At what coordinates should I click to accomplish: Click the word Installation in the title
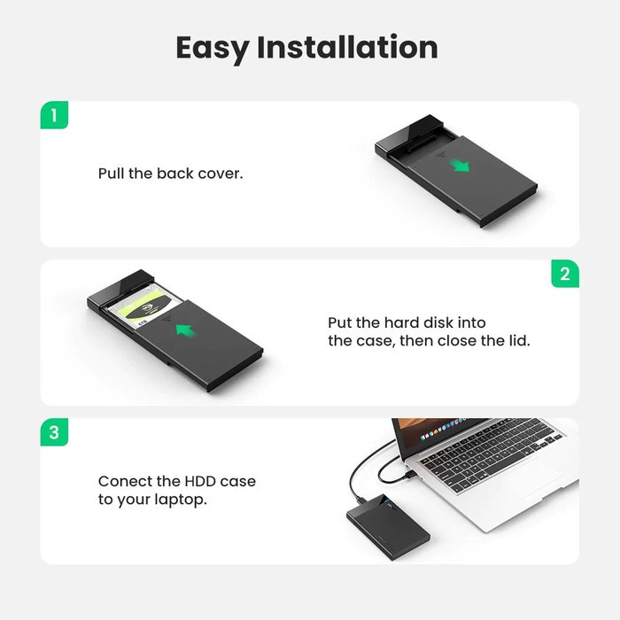click(x=347, y=47)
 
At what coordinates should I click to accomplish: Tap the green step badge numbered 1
click(x=54, y=115)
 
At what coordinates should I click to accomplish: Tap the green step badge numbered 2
click(x=565, y=274)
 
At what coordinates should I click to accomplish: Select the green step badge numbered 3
click(x=54, y=433)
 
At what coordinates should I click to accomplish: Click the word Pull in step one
click(x=111, y=174)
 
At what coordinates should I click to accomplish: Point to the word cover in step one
click(x=219, y=174)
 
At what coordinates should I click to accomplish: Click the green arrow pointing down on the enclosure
click(x=457, y=166)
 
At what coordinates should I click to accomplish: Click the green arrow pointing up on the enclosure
click(x=183, y=331)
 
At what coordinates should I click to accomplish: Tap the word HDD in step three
click(x=198, y=482)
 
